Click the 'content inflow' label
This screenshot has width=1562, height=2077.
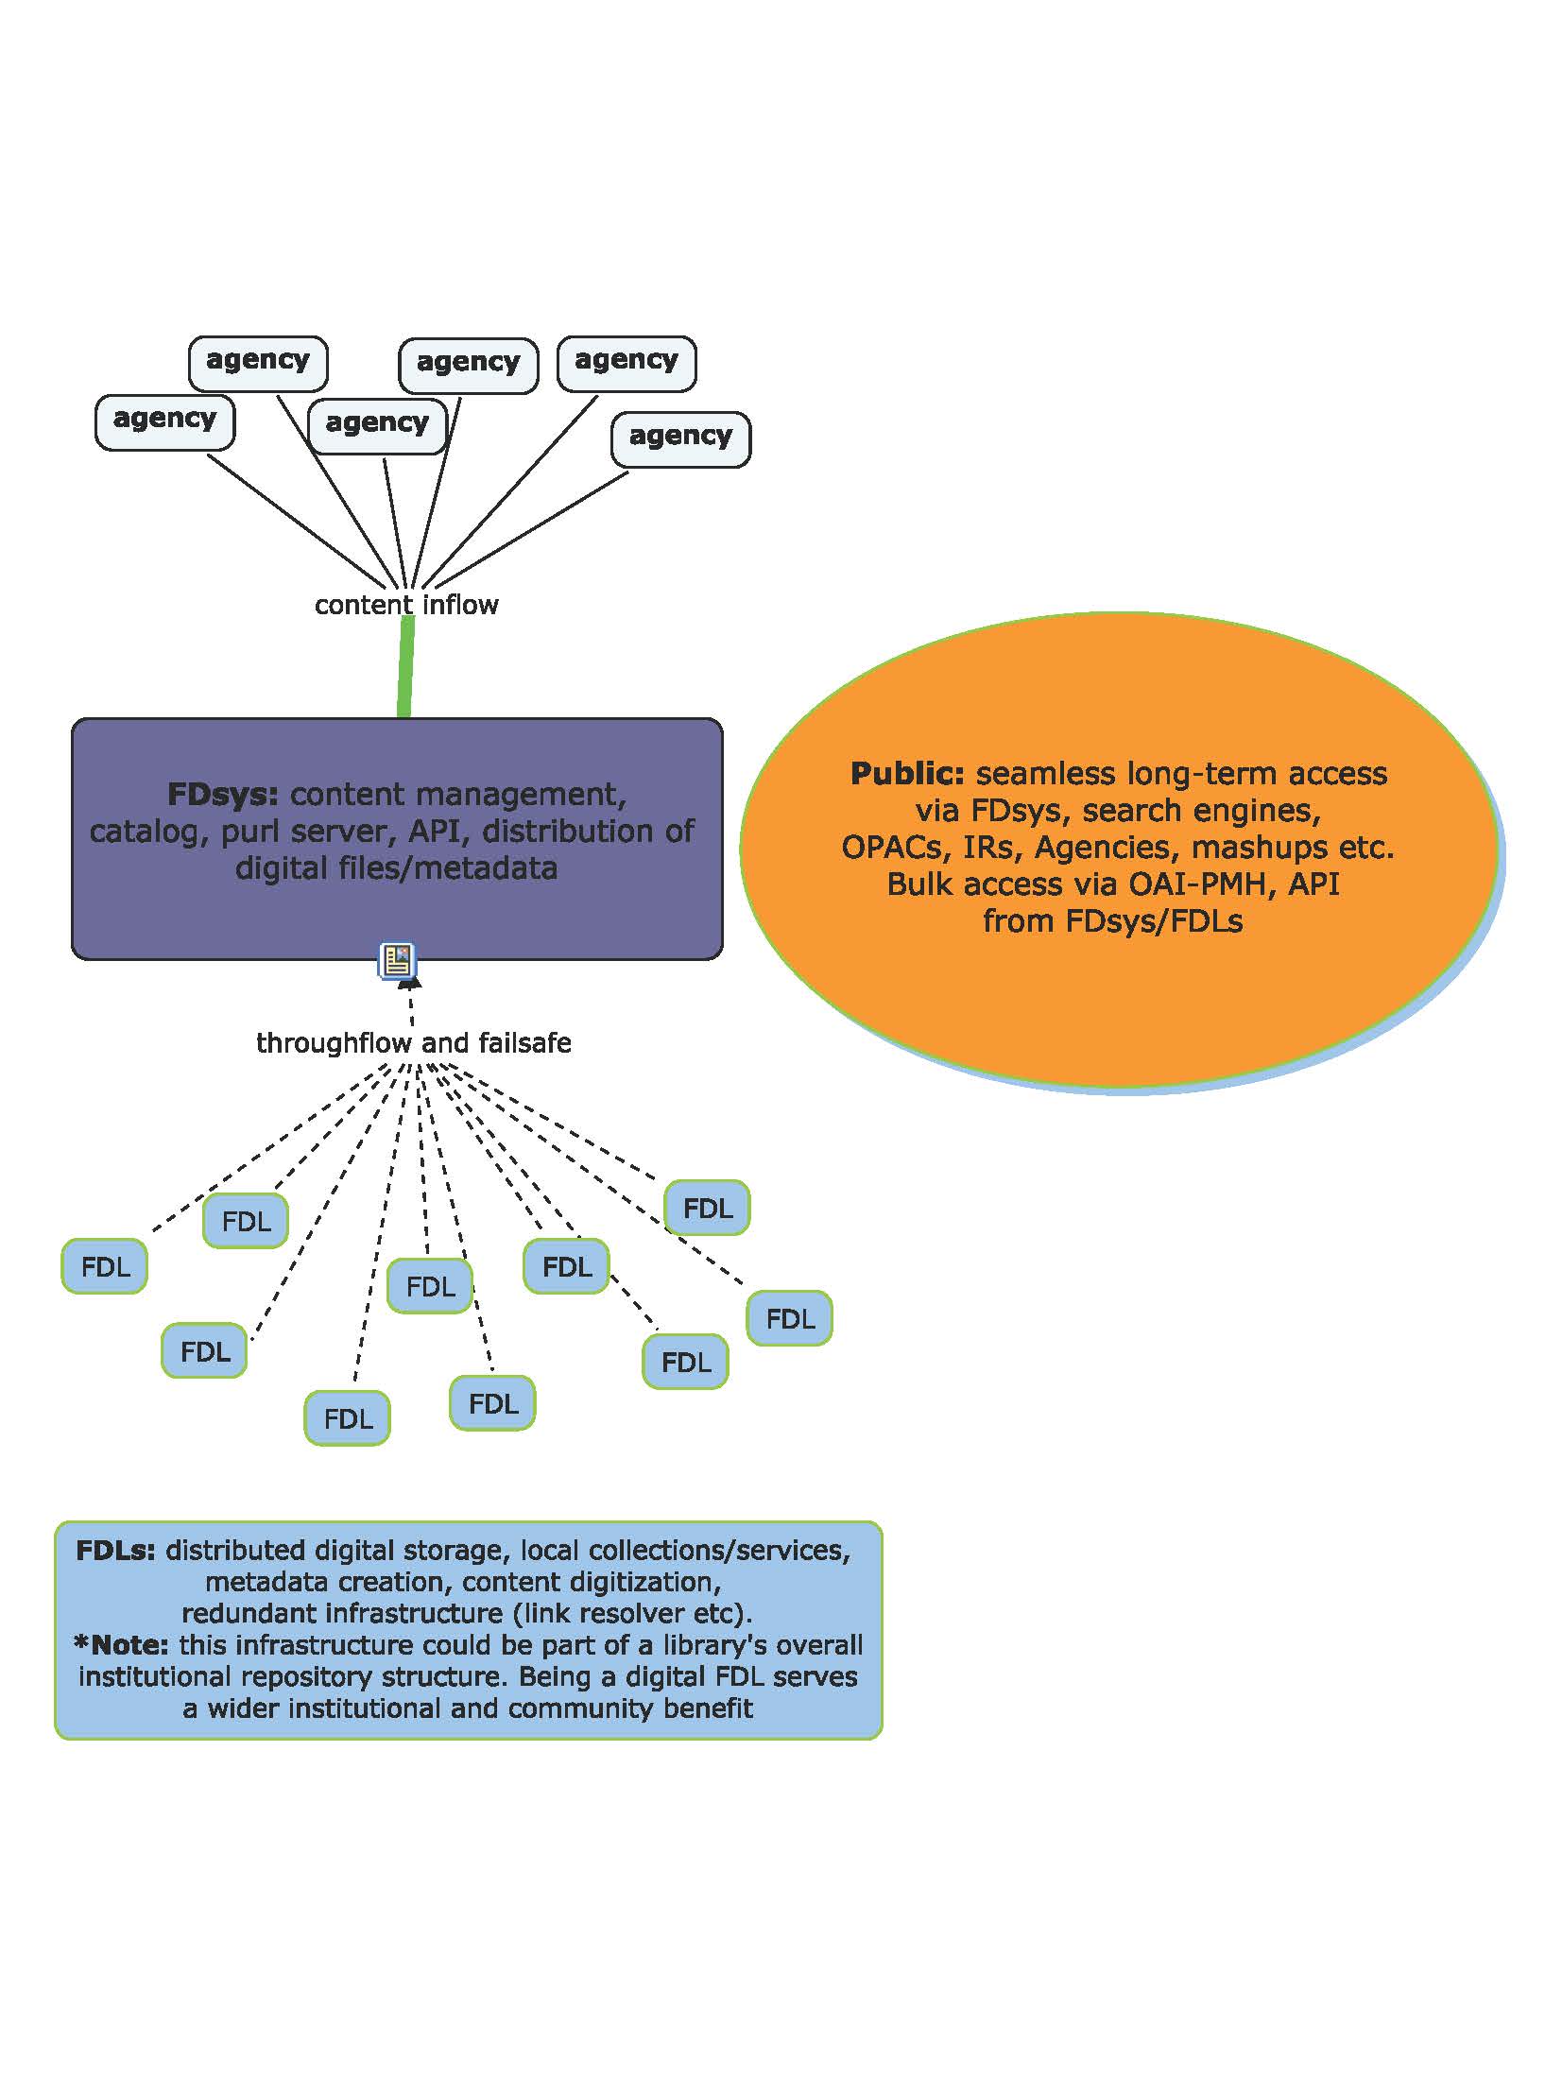coord(406,605)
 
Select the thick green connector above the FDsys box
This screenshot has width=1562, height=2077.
coord(406,667)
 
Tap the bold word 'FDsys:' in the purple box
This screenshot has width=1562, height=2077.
coord(223,794)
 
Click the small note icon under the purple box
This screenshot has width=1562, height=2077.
coord(398,960)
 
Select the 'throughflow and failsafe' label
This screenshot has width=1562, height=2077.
coord(414,1043)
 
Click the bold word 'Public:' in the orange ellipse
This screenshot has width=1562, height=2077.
coord(908,773)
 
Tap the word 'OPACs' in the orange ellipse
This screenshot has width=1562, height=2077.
coord(898,848)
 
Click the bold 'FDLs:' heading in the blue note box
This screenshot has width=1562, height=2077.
coord(115,1551)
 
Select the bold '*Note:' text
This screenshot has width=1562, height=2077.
coord(121,1645)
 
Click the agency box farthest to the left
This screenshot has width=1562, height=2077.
coord(164,422)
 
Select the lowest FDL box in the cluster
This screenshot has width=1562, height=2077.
coord(347,1418)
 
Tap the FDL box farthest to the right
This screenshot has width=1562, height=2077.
coord(789,1318)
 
